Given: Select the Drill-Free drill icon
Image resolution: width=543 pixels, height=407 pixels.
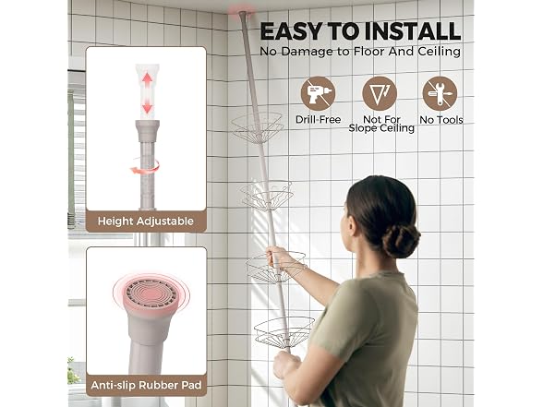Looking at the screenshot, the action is tap(318, 93).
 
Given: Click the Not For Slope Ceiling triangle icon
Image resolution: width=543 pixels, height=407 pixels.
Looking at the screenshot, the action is tap(380, 93).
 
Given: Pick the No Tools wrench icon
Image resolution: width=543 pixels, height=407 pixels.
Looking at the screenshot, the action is tap(440, 93).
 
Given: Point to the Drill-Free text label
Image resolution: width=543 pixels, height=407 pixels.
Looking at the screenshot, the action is tap(318, 120).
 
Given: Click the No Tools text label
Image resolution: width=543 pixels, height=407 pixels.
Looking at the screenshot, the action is tap(441, 120).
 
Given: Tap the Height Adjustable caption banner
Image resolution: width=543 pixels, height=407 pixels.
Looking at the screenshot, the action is tap(146, 221).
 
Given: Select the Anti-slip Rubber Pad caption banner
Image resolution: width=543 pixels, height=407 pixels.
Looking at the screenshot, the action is tap(146, 385).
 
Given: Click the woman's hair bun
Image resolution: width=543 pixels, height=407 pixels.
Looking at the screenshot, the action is tap(401, 240).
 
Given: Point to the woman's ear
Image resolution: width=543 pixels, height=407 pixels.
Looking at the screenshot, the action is tap(352, 225).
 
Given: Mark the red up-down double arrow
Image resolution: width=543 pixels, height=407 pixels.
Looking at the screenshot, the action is tap(148, 92).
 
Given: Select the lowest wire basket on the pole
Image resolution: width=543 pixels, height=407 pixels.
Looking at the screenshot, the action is tap(284, 332).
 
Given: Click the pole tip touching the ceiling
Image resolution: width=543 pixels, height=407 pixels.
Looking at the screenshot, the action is tap(243, 14).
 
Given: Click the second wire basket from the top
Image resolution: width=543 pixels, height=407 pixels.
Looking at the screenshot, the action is tap(267, 196).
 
